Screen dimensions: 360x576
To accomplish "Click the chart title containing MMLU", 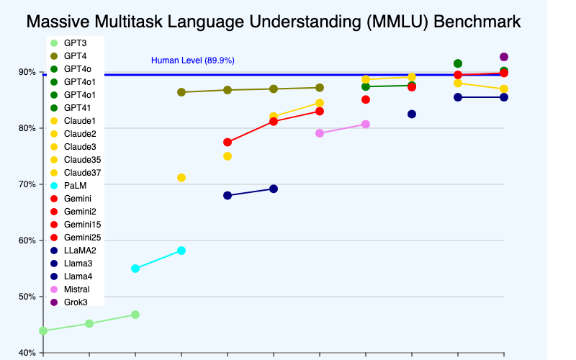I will (x=273, y=22).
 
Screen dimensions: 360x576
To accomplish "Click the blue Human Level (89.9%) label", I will (x=192, y=60).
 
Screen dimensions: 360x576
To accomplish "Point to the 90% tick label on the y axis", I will (x=27, y=72).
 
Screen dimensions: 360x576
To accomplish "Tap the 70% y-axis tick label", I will (x=27, y=184).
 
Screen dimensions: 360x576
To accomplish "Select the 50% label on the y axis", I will (x=27, y=297).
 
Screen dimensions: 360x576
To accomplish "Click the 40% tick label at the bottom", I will (x=27, y=352).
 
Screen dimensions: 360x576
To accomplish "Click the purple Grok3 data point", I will (x=504, y=57).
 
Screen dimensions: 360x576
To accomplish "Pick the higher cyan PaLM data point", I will (x=181, y=251).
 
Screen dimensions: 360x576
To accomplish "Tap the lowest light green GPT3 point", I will (x=43, y=330).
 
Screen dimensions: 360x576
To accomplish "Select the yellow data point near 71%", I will (x=181, y=178).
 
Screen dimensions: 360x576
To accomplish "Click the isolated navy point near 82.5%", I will (x=412, y=114).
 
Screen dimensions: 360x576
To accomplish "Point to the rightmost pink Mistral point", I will (x=366, y=124).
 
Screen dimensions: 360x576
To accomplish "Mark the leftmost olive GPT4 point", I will (x=181, y=92).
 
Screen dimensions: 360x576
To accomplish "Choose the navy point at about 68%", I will (x=228, y=195).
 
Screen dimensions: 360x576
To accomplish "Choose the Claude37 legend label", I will (x=80, y=172).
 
